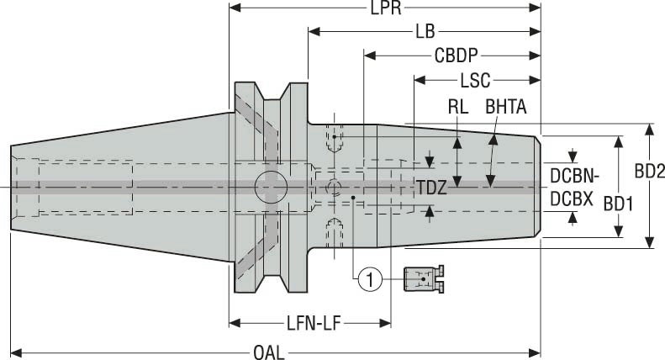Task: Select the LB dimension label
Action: pos(425,32)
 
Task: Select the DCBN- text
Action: pos(573,176)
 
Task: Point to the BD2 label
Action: pos(649,170)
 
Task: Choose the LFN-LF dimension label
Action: pos(309,323)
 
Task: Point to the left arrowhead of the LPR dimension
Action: pos(235,8)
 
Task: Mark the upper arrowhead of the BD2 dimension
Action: pos(649,129)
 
